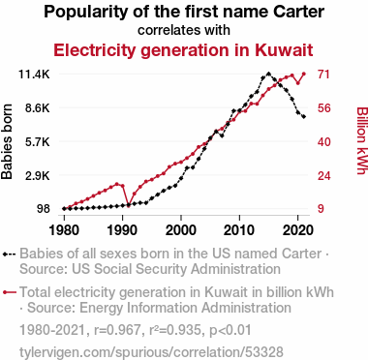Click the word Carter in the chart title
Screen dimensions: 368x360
click(x=298, y=12)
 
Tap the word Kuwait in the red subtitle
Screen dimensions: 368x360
click(x=284, y=50)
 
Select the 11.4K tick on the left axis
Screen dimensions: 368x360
click(x=34, y=75)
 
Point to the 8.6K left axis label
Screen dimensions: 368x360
click(x=38, y=107)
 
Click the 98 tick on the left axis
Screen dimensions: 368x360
click(x=44, y=209)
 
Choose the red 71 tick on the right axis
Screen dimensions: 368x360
click(x=323, y=75)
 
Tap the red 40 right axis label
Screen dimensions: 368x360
click(x=323, y=141)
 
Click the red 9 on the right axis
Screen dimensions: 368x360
click(x=321, y=209)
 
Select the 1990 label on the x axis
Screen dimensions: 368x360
click(x=122, y=230)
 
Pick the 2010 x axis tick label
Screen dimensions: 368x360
click(x=239, y=230)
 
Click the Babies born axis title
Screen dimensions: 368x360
click(x=7, y=141)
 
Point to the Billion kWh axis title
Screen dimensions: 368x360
click(x=362, y=140)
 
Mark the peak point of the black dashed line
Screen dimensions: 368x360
click(x=268, y=74)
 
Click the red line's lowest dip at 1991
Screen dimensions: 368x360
click(x=129, y=205)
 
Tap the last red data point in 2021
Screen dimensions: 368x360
click(x=304, y=74)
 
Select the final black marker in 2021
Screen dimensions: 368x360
click(x=304, y=117)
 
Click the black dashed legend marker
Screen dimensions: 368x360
click(x=9, y=254)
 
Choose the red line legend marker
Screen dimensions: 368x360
click(x=9, y=292)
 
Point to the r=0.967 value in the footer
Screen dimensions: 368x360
click(x=117, y=330)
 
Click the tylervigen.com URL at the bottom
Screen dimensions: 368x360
click(x=151, y=352)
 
